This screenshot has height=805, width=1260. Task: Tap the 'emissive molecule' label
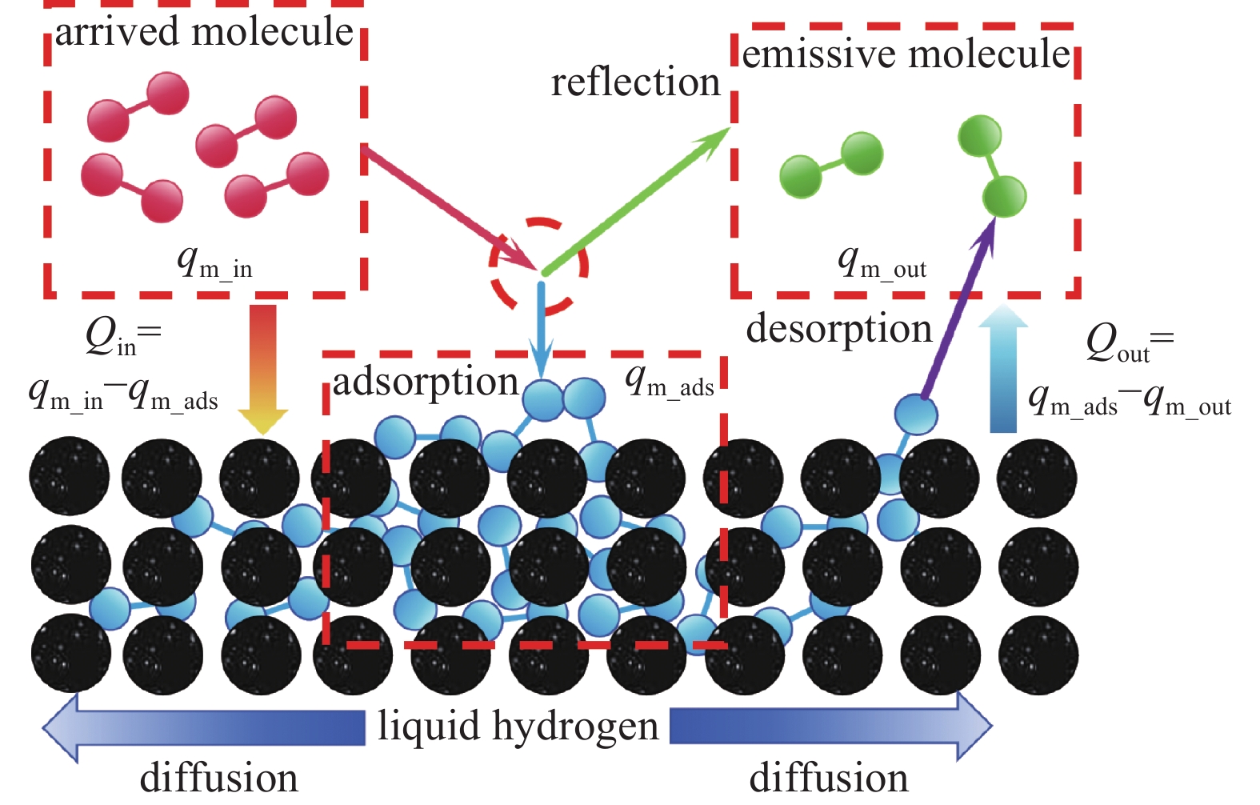point(906,54)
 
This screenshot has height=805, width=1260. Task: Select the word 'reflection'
point(635,82)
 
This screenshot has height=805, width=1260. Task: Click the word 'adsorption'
point(426,382)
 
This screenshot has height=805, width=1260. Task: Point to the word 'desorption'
point(838,329)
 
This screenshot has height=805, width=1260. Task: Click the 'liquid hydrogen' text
point(518,727)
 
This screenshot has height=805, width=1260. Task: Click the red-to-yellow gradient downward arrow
point(262,368)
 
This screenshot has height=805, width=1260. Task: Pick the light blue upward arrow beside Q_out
point(1002,368)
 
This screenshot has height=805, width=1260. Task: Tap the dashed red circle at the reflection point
point(538,264)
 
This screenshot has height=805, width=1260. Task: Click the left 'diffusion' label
point(218,778)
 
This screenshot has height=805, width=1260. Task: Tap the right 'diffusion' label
point(828,778)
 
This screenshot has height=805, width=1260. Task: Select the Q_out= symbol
point(1129,342)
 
